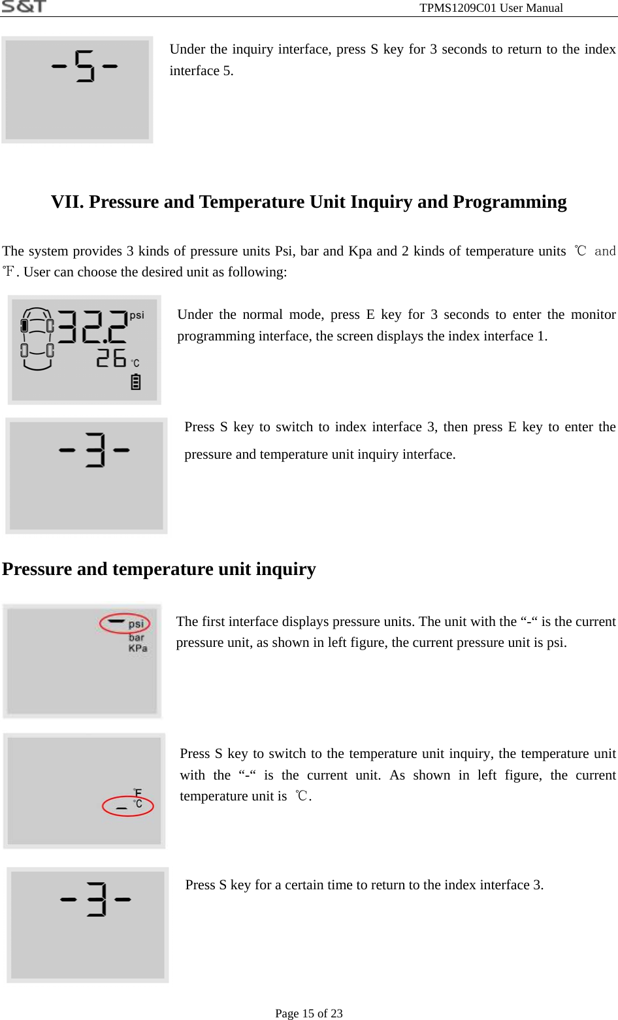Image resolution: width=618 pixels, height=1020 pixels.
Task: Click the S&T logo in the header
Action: click(24, 7)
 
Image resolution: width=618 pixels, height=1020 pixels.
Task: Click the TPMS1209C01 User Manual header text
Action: click(491, 8)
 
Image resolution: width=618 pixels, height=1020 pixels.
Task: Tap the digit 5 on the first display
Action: click(85, 66)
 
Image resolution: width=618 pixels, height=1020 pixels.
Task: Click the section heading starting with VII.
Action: click(308, 202)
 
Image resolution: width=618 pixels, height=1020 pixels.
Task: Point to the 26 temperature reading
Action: click(111, 358)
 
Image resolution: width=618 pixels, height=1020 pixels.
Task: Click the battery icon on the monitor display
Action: click(136, 382)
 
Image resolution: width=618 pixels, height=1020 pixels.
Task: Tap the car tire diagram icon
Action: click(37, 338)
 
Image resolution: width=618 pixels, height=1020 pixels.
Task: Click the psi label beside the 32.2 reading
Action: click(137, 315)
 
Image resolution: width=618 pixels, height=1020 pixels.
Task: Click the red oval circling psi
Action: click(125, 623)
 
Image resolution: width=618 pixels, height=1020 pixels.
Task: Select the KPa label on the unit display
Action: click(138, 648)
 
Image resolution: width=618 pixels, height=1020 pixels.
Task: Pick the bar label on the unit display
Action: click(137, 637)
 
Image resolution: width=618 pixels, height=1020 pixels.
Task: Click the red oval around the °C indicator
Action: click(128, 806)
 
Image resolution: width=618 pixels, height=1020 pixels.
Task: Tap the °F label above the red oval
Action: click(137, 793)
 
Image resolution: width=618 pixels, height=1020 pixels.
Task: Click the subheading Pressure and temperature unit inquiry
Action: click(159, 569)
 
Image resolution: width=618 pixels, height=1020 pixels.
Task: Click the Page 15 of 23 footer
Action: click(309, 1013)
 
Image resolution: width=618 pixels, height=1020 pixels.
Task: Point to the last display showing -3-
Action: click(88, 925)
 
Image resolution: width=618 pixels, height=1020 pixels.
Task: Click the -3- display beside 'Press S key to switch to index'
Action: click(86, 476)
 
